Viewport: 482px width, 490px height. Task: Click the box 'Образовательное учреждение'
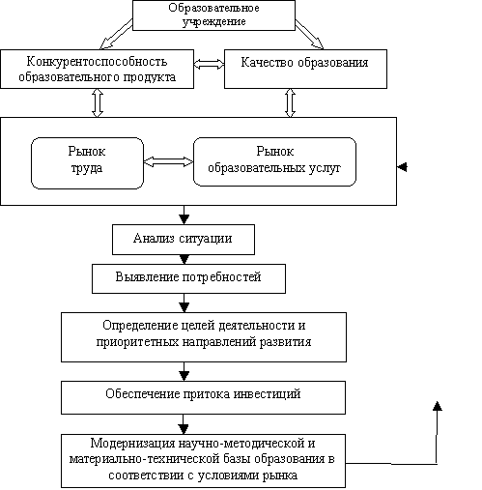coord(213,15)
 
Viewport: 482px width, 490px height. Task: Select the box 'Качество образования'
coord(305,69)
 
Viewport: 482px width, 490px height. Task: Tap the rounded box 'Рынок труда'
coord(87,163)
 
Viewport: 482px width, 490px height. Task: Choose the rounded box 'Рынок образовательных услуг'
coord(274,161)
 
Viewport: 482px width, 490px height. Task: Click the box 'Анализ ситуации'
coord(184,240)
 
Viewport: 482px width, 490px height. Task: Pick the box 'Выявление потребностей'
coord(188,278)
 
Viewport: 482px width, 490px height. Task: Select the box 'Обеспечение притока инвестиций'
coord(203,397)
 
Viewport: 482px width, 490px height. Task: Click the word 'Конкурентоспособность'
coord(97,61)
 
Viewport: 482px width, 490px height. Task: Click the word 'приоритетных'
coord(137,342)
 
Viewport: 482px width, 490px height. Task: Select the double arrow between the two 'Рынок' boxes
coord(168,161)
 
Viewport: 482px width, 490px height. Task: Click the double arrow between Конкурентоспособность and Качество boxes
coord(209,64)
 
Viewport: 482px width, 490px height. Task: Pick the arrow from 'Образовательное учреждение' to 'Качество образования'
coord(309,34)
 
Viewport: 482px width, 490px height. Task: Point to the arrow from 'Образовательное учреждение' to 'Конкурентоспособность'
coord(116,34)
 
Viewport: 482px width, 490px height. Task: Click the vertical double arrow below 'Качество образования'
coord(290,103)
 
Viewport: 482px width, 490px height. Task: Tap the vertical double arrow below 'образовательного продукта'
coord(98,103)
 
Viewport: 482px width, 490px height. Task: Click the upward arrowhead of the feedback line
coord(437,406)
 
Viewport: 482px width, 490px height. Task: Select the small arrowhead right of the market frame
coord(402,167)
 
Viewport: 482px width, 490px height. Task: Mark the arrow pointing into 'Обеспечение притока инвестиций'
coord(184,372)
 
